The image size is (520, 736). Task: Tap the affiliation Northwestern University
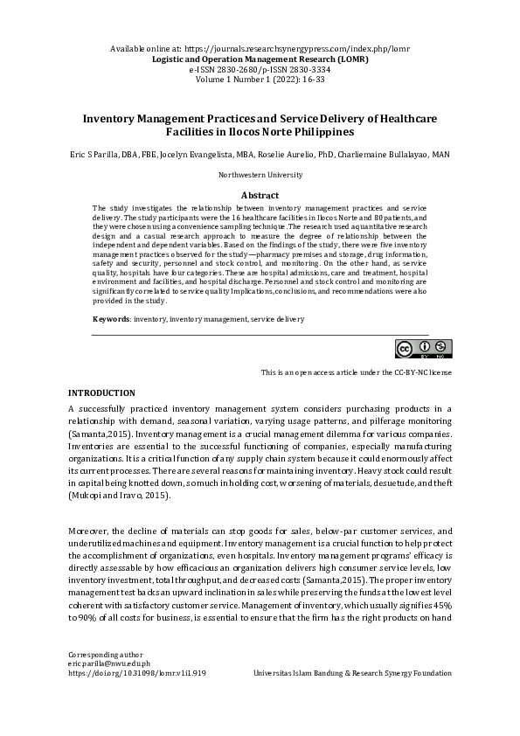pos(260,176)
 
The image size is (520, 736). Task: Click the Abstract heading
pos(260,195)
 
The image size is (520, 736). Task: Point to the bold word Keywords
pos(111,320)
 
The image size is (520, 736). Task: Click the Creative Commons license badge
pos(424,348)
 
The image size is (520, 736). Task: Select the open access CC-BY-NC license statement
pos(356,372)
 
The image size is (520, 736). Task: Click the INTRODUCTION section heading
pos(101,393)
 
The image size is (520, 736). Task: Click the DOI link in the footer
pos(136,674)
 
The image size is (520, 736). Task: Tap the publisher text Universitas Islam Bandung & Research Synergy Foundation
pos(352,674)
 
